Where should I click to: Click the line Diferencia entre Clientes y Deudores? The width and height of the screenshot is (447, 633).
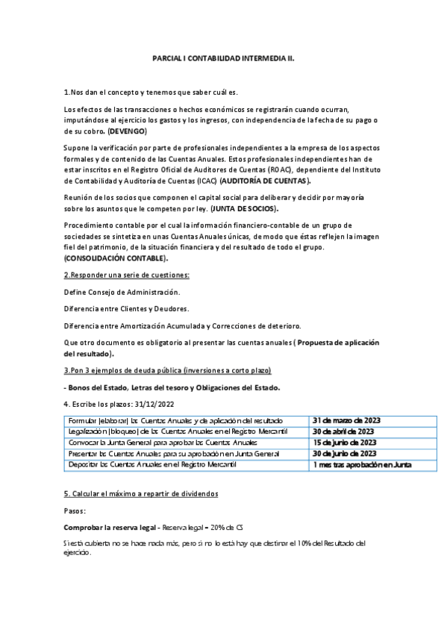click(126, 308)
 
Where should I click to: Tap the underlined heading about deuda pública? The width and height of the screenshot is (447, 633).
click(168, 371)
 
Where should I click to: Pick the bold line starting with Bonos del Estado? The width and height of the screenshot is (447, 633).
click(172, 387)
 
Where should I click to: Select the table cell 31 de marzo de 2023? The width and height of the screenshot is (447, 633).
click(346, 421)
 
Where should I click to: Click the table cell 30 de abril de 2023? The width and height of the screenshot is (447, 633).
click(344, 431)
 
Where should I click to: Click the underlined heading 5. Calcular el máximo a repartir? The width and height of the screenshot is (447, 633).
click(131, 494)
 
